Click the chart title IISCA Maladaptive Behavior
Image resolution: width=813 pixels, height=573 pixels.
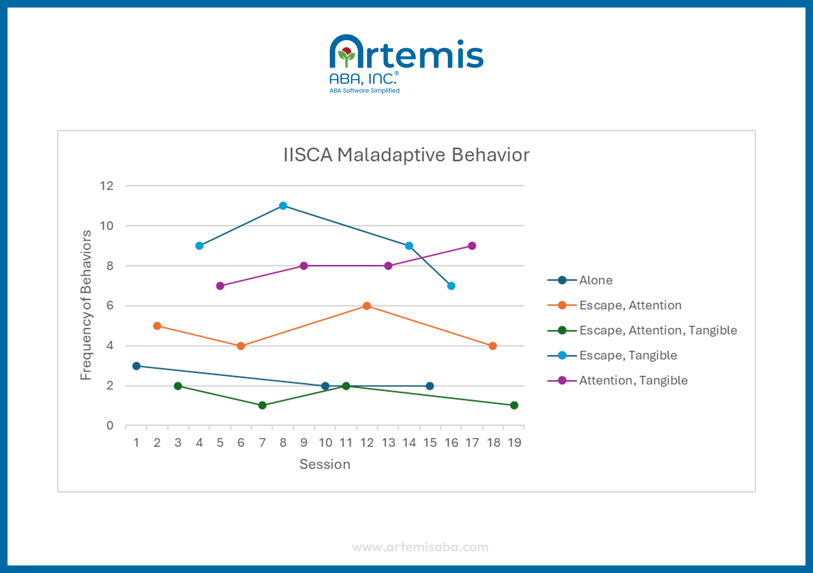tap(406, 155)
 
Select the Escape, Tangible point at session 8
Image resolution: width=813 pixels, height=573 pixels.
tap(283, 206)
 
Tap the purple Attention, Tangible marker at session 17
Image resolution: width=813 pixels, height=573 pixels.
tap(472, 246)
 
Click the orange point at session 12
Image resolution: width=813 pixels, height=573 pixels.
tap(367, 306)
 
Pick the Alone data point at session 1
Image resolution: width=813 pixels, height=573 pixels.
tap(136, 366)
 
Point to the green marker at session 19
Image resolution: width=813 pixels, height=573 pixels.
tap(514, 405)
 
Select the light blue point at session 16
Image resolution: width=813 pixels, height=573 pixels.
tap(451, 286)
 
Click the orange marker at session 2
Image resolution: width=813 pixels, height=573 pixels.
tap(157, 326)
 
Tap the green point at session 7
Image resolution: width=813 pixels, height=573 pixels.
tap(262, 405)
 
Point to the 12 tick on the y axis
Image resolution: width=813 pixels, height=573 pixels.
tap(106, 186)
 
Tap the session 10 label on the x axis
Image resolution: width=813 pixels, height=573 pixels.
tap(325, 443)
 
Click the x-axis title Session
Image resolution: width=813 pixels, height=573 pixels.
tap(325, 464)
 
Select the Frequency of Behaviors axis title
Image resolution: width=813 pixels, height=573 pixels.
tap(86, 305)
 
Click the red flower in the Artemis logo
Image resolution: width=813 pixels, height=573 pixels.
tap(347, 52)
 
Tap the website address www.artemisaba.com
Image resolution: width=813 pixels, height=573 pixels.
tap(420, 547)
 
